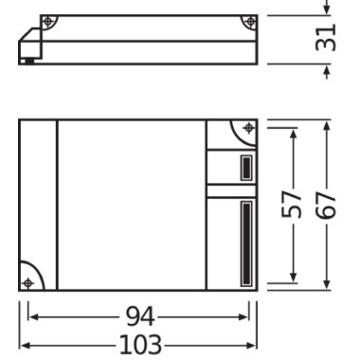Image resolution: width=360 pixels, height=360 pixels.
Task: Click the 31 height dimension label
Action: click(327, 39)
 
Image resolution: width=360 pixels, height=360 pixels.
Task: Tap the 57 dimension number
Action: click(295, 205)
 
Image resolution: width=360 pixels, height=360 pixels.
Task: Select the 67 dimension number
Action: click(327, 205)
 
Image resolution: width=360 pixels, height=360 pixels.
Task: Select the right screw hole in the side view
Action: click(248, 22)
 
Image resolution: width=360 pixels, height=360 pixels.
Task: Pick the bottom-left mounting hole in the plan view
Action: click(28, 282)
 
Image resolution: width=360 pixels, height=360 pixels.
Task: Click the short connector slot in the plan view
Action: click(244, 169)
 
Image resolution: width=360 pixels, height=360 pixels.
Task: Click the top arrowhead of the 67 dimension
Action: click(327, 124)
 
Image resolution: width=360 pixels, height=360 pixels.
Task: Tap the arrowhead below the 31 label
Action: click(327, 71)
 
